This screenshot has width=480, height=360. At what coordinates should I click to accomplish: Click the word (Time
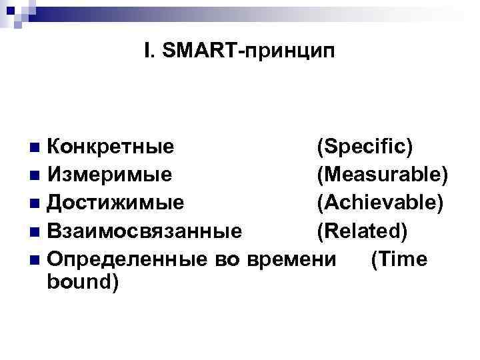pos(399,259)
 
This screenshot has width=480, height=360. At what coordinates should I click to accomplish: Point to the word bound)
pos(83,283)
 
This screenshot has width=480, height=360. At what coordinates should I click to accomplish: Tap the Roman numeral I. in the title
pos(149,50)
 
